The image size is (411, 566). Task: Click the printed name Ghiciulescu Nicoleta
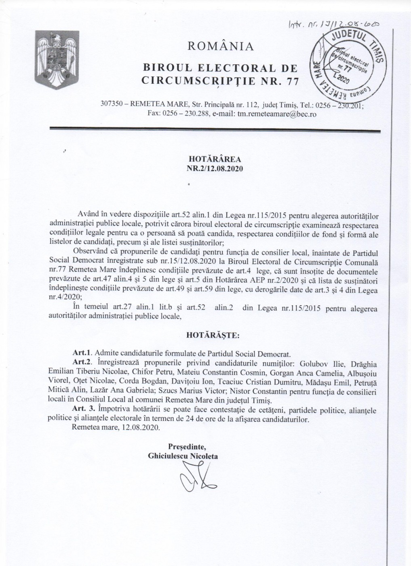(183, 456)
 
